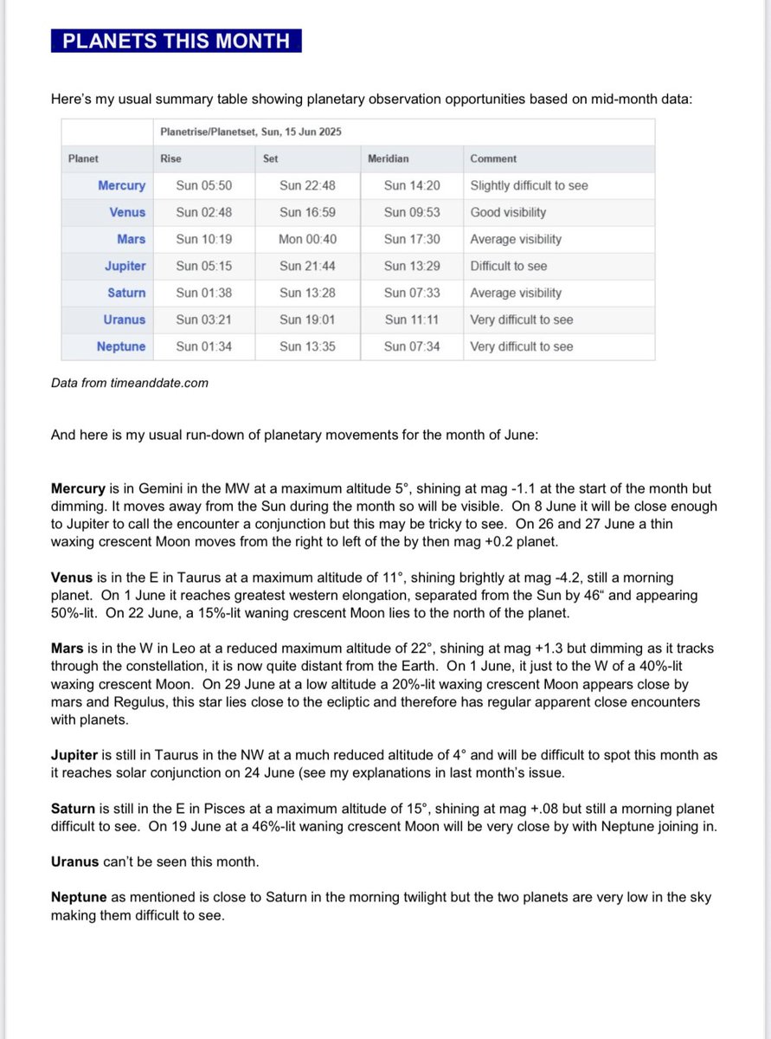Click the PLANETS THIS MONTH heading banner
coord(176,41)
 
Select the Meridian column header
coord(388,158)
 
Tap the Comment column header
coord(493,158)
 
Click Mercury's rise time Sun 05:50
coord(203,185)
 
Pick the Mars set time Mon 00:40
coord(307,239)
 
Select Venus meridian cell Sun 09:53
coord(412,212)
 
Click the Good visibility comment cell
coord(508,212)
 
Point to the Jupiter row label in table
coord(125,266)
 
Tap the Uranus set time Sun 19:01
coord(307,319)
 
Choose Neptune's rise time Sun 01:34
coord(203,346)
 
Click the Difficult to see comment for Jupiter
coord(508,266)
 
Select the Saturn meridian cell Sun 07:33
coord(412,293)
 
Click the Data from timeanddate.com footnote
coord(130,382)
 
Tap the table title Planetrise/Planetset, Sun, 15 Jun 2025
coord(251,132)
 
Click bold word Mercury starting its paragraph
coord(79,489)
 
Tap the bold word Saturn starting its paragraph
coord(74,809)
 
